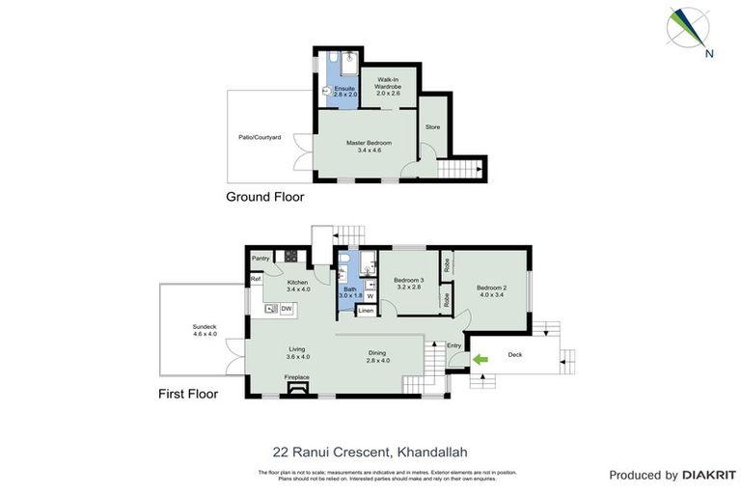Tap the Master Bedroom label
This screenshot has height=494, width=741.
[369, 146]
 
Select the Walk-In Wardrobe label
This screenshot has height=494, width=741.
[390, 84]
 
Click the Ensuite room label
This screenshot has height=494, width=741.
[344, 92]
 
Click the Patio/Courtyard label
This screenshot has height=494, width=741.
[260, 138]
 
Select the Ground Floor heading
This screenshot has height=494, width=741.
[264, 197]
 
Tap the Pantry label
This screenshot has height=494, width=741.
[261, 259]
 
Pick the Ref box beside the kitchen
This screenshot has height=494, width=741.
[256, 280]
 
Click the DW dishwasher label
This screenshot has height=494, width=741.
[286, 309]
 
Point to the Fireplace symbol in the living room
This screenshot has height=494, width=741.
[296, 386]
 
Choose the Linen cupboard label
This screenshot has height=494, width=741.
[366, 311]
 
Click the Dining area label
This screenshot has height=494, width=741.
[377, 356]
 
